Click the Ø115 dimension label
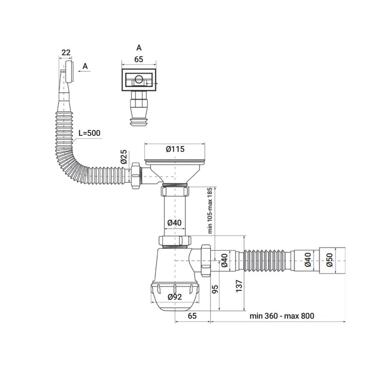coord(175,149)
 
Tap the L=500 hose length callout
coord(89,133)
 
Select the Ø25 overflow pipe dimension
coord(124,157)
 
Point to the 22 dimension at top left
coord(66,52)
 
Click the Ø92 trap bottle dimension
coord(175,297)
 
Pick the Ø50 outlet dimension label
coord(329,260)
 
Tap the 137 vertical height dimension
coord(239,286)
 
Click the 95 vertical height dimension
coord(215,289)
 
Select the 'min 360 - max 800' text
coord(282,316)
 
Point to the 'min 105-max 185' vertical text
coord(210,210)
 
